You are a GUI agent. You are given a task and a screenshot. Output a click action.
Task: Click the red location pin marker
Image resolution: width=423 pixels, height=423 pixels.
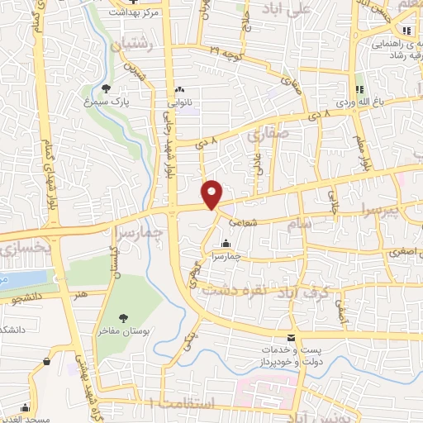click(x=213, y=193)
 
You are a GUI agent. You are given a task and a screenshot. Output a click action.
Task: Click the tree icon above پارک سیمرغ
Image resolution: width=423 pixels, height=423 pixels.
click(x=106, y=88)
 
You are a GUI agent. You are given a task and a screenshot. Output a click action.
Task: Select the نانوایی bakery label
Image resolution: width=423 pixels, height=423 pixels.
click(x=178, y=104)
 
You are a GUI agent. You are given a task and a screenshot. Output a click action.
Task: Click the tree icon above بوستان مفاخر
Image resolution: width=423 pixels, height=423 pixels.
click(x=123, y=317)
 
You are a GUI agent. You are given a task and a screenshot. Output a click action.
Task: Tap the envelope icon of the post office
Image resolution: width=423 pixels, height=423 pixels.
click(x=291, y=337)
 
